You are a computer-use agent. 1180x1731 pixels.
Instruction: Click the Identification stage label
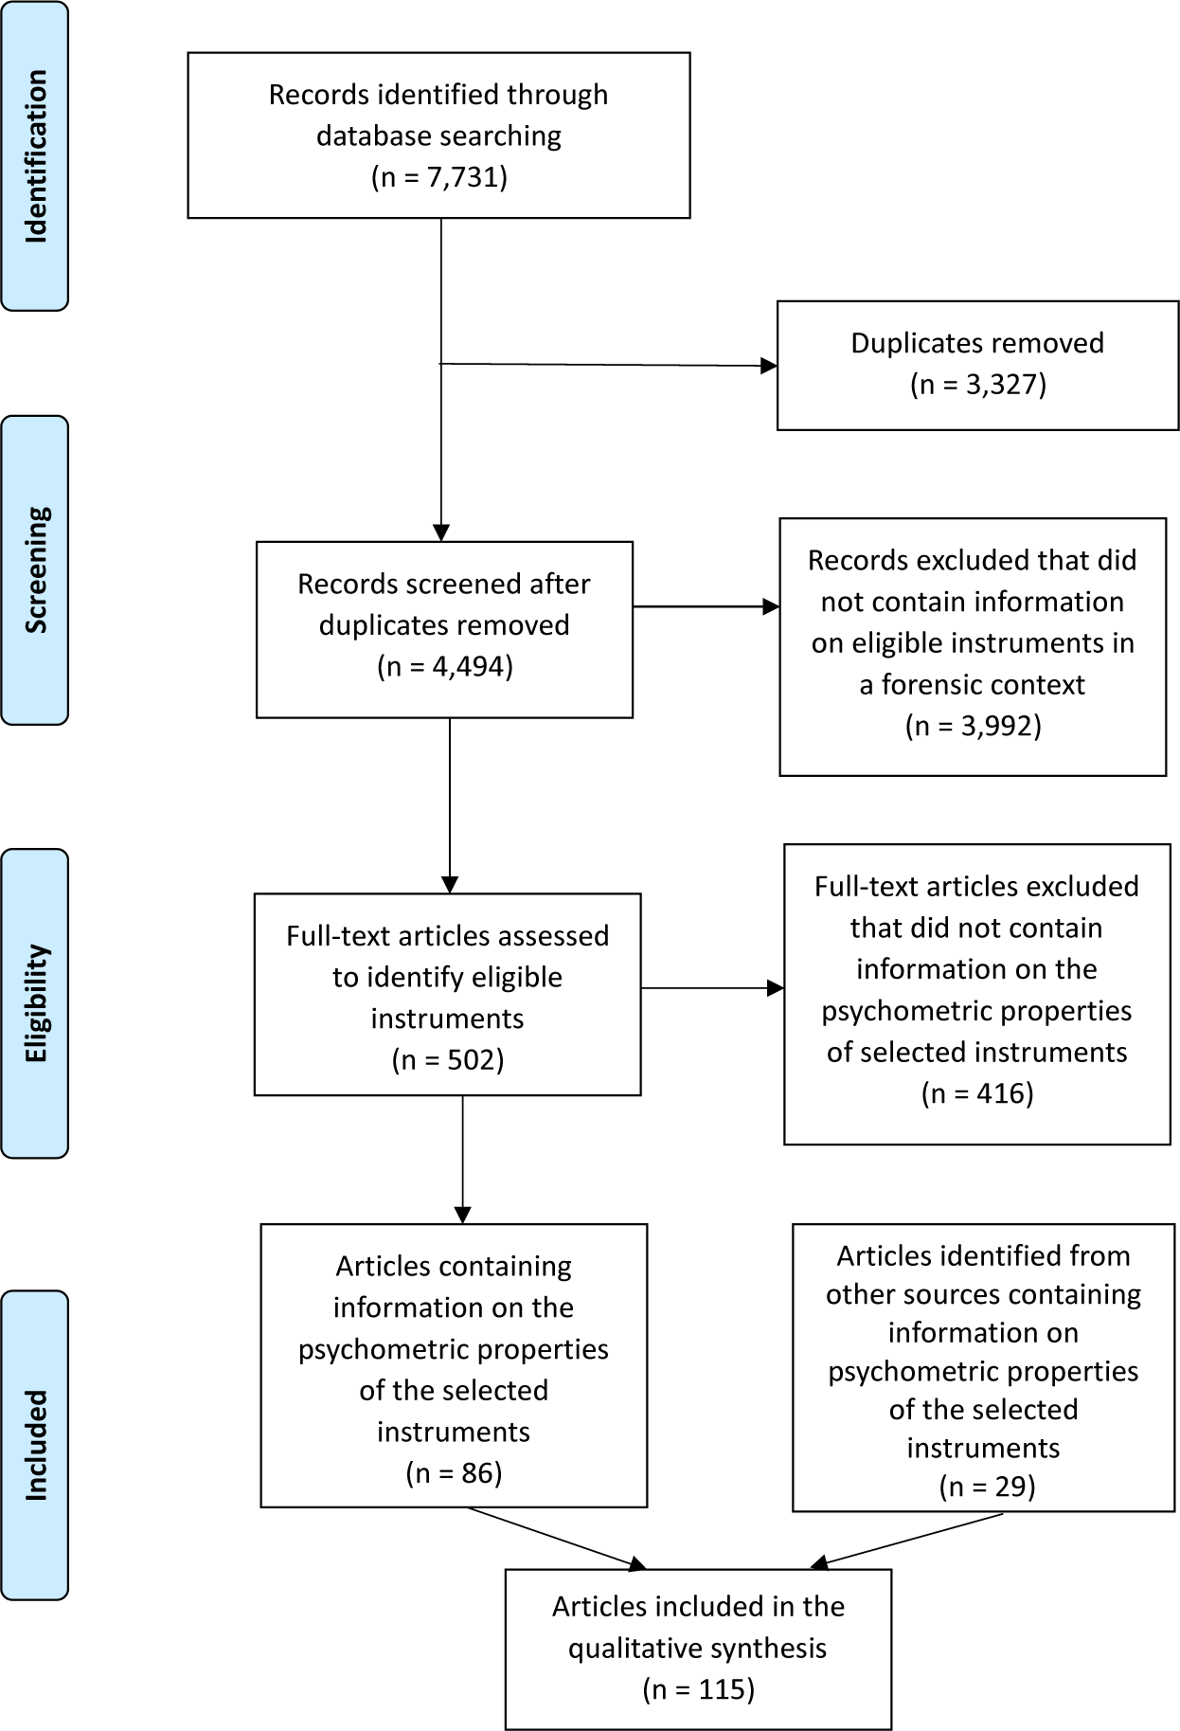pos(35,156)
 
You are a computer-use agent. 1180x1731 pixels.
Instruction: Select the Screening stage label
pos(35,570)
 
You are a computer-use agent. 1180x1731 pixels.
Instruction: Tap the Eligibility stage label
pos(35,1003)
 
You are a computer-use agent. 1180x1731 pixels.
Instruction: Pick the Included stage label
pos(35,1445)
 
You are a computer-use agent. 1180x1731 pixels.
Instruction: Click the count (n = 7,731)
pos(439,177)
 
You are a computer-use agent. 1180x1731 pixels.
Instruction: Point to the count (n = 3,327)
pos(978,385)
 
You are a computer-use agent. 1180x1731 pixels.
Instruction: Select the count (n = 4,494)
pos(444,667)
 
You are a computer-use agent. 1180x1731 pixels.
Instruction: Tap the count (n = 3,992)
pos(973,726)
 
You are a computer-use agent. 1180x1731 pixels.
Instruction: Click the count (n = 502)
pos(448,1059)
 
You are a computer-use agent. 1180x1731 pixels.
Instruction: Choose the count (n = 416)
pos(977,1093)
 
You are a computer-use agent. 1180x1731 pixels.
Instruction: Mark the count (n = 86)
pos(454,1472)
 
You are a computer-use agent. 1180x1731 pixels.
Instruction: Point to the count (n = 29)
pos(988,1487)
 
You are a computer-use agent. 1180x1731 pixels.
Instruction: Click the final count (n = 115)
pos(699,1689)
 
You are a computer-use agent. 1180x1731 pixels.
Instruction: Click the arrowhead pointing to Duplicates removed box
pos(769,366)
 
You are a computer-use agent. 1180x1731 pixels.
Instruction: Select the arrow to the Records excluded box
pos(706,606)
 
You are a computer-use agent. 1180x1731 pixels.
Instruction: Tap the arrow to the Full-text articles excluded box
pos(713,988)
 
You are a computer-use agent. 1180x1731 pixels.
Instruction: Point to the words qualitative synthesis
pos(698,1649)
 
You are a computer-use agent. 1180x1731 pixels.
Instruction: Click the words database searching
pos(438,136)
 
